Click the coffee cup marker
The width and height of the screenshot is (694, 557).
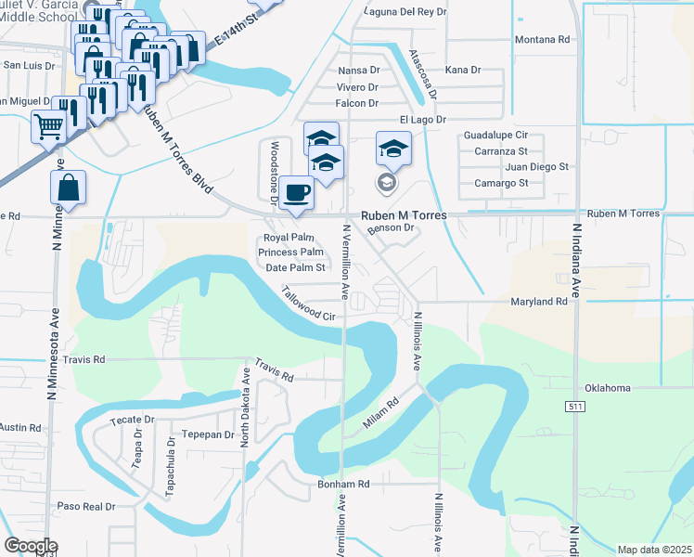[x=296, y=193]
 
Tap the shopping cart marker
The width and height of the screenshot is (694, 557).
[x=48, y=127]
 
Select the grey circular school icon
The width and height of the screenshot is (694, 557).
[x=385, y=181]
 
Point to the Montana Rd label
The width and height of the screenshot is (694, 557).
[x=543, y=40]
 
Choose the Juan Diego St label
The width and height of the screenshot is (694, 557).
[x=536, y=166]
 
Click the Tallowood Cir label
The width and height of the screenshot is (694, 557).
[x=309, y=303]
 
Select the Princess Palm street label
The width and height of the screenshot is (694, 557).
[x=290, y=253]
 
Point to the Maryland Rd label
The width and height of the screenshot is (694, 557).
[x=539, y=302]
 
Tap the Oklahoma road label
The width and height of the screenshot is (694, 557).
[x=608, y=388]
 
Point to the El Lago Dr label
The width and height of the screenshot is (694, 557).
[x=422, y=120]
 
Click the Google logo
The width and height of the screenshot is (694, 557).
[x=31, y=546]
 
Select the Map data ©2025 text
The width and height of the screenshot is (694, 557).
[x=654, y=550]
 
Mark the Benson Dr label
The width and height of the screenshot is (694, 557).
[x=389, y=228]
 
